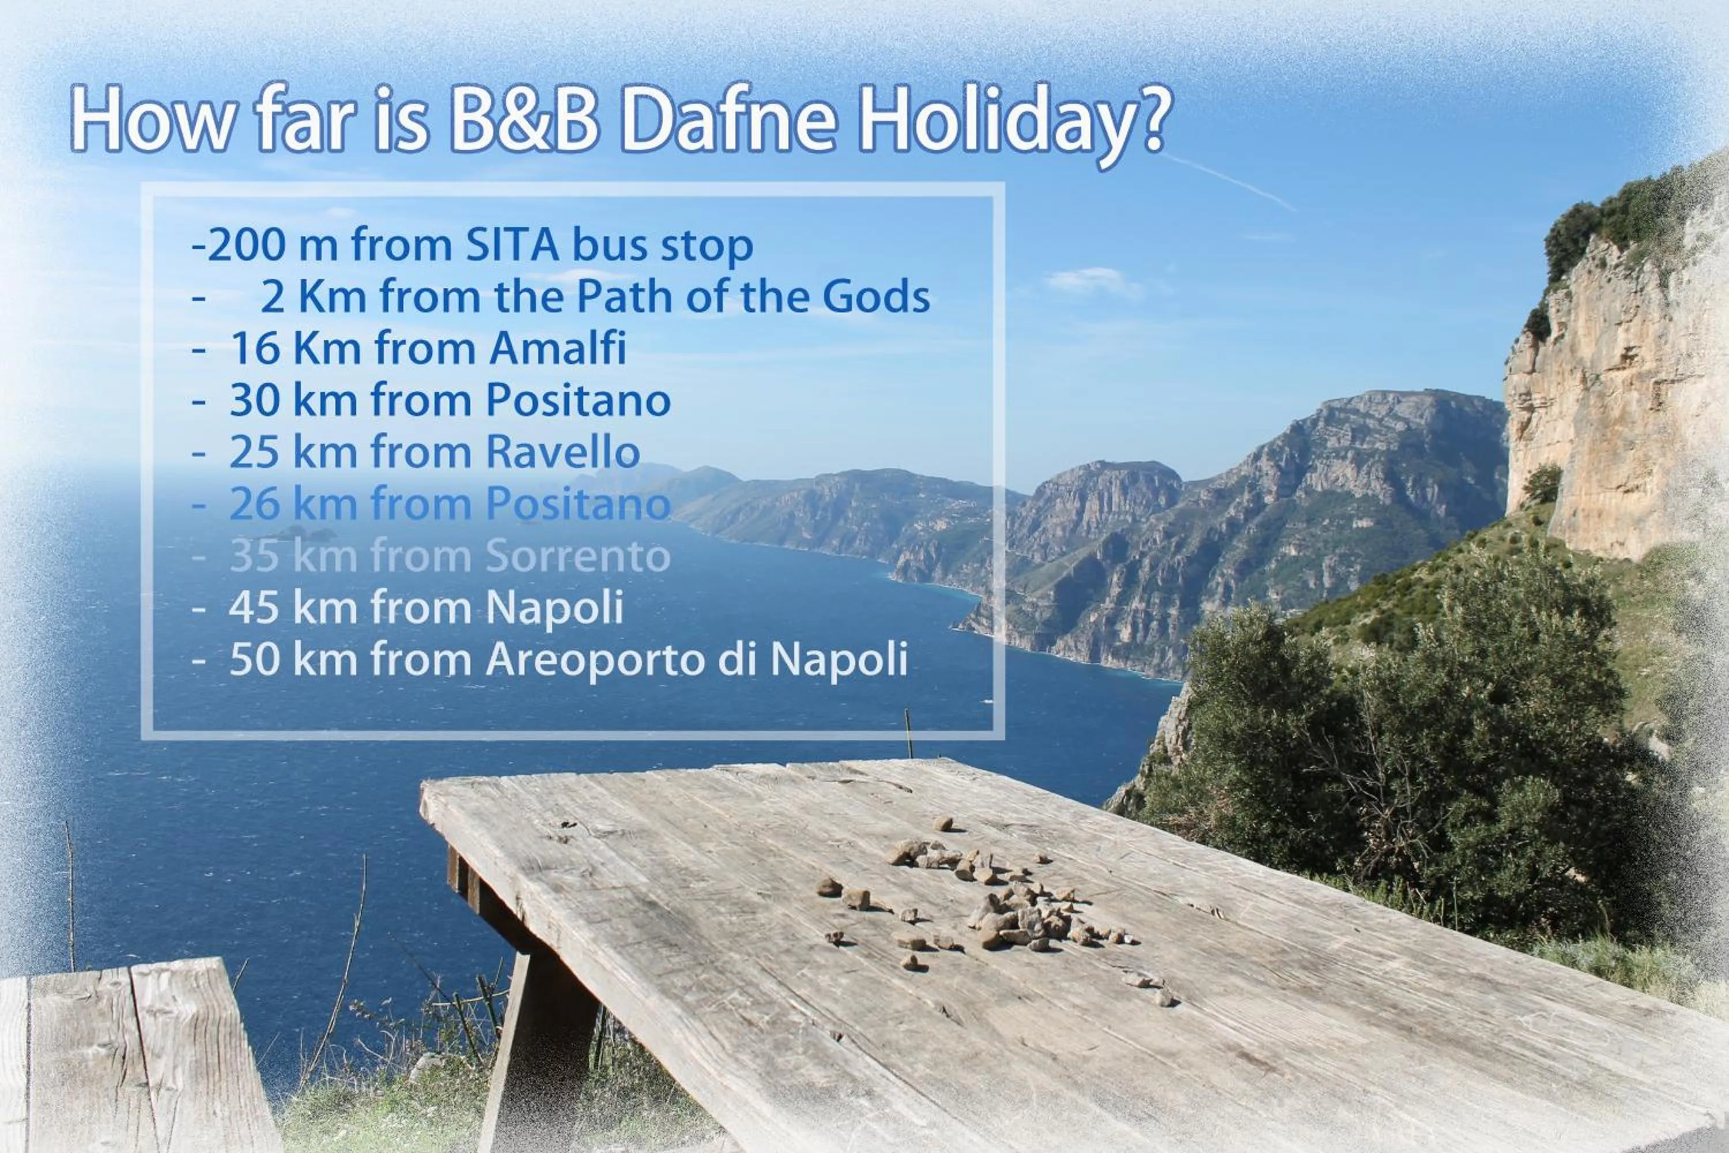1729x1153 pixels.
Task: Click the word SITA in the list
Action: click(x=512, y=245)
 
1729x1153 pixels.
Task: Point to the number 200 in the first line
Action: click(x=246, y=246)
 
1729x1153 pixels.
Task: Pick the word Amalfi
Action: click(x=557, y=349)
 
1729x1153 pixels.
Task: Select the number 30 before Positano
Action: click(x=256, y=401)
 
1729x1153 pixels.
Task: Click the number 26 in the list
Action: click(x=256, y=504)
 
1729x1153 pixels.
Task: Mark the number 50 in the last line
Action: click(x=256, y=660)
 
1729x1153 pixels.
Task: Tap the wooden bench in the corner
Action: click(x=133, y=1059)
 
